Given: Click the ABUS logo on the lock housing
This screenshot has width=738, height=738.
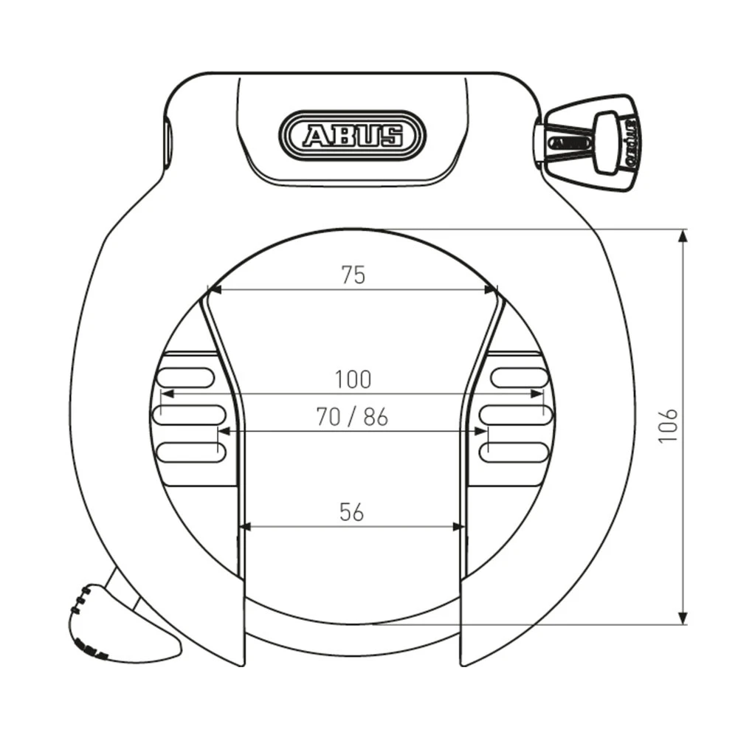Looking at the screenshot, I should pos(353,135).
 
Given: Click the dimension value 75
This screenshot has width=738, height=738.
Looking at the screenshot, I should pos(354,275).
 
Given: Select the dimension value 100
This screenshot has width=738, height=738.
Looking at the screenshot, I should pos(354,380).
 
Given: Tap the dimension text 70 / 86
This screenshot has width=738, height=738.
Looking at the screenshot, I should pos(352,418).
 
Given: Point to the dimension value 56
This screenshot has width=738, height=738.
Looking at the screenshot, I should pos(352,512).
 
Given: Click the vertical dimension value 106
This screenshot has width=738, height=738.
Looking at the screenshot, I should pos(668,425).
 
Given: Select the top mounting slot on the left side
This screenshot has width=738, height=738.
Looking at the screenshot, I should pos(185,378).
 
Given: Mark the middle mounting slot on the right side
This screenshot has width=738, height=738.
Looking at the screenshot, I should pos(516,414).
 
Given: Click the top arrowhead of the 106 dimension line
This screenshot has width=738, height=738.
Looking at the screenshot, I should pos(683,235).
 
